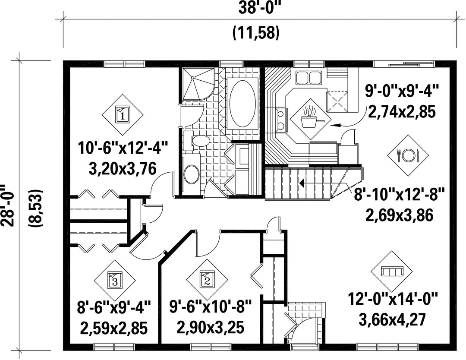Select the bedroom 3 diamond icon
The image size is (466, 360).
tap(115, 280)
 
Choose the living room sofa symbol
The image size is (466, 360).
tap(392, 272)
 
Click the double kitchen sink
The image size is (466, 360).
tap(308, 78)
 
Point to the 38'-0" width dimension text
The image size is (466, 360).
tap(260, 8)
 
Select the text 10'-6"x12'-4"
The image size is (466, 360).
tap(123, 148)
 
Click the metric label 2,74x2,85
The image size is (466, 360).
tap(402, 112)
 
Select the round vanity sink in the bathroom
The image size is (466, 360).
tap(191, 174)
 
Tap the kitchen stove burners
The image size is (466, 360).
tap(282, 120)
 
